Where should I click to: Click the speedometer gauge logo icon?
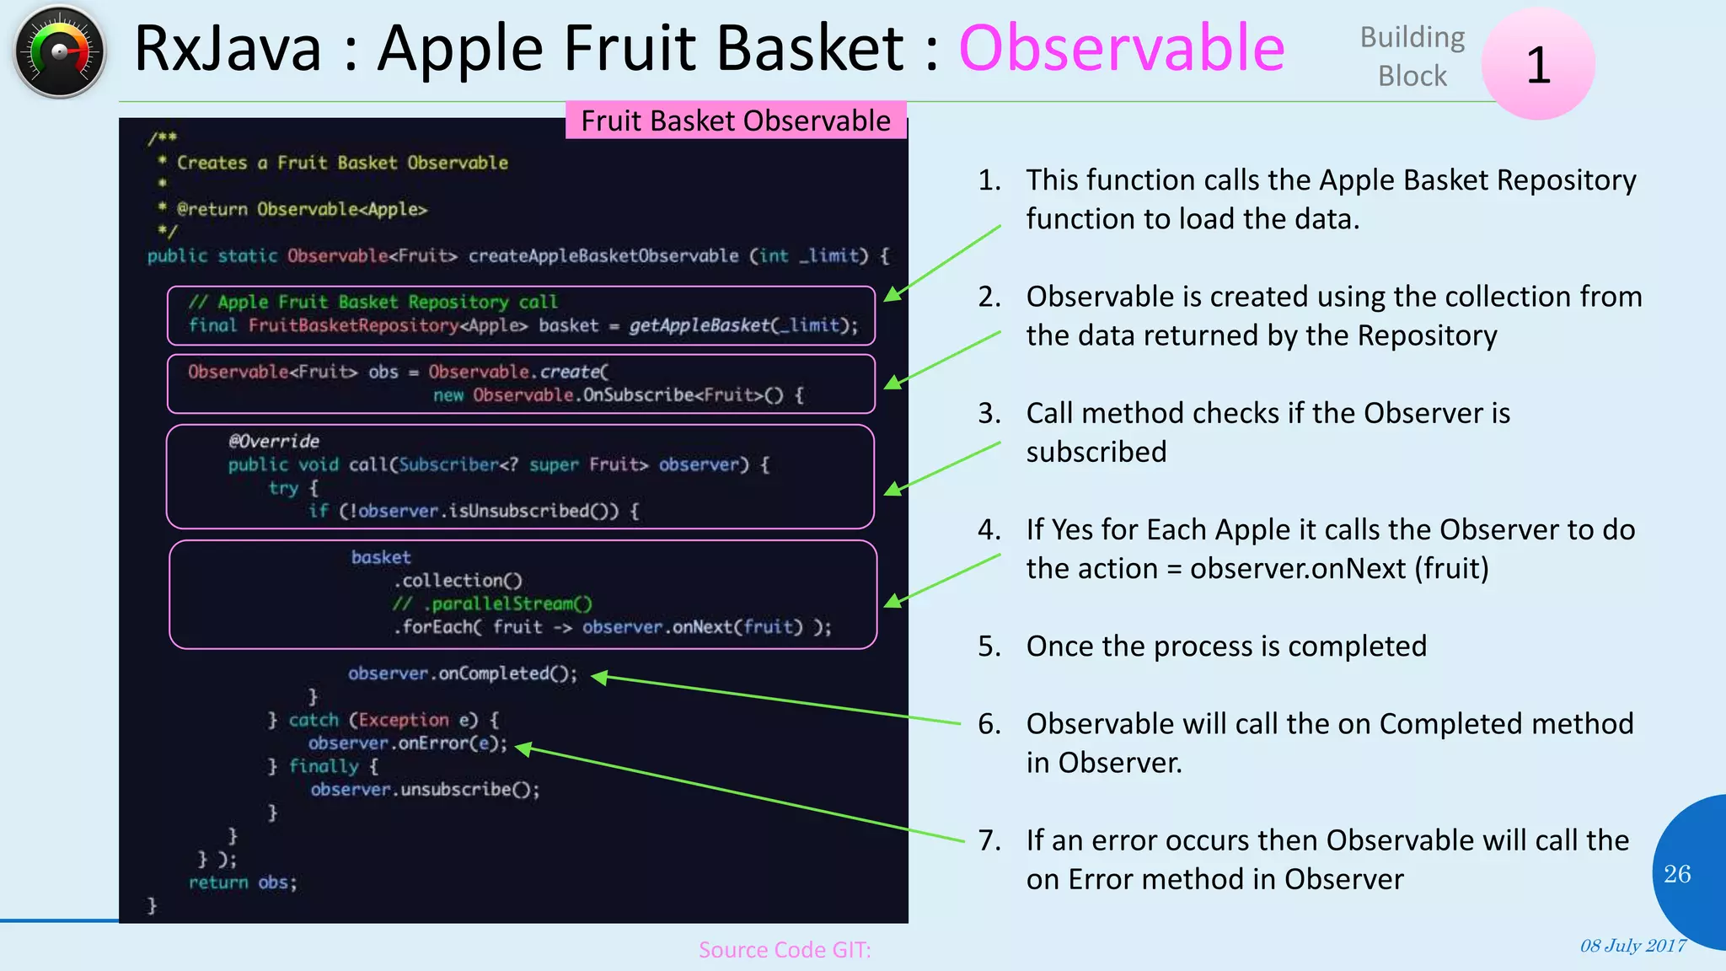click(59, 52)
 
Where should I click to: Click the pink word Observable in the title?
click(1121, 48)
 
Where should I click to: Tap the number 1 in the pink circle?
click(1538, 65)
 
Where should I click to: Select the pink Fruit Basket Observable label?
click(735, 121)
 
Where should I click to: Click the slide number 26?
click(1677, 874)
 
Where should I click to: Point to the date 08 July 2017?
click(1632, 946)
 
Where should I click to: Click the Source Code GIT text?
click(784, 950)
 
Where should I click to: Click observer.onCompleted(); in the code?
click(463, 673)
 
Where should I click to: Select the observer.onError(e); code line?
click(408, 743)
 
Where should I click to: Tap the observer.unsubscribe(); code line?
click(425, 790)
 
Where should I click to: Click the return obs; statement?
click(243, 882)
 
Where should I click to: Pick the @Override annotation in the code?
click(274, 442)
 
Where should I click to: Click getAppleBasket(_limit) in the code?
click(742, 325)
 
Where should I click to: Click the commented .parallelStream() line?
click(492, 604)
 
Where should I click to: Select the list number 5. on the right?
click(989, 646)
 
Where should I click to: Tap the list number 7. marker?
click(989, 840)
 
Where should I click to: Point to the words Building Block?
click(1412, 56)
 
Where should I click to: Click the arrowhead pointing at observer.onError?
click(523, 748)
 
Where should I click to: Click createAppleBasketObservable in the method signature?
click(603, 256)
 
